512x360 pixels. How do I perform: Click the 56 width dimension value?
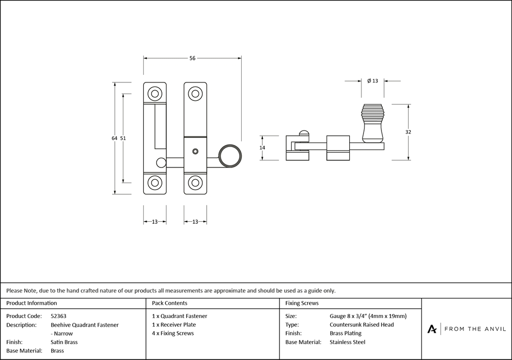(193, 58)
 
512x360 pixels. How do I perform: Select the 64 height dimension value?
(114, 138)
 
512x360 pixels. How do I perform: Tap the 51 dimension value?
(123, 138)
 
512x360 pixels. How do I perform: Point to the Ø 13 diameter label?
(372, 81)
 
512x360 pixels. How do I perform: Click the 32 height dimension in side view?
(408, 132)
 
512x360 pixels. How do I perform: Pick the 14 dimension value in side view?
(262, 147)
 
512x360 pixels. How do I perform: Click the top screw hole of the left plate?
(154, 94)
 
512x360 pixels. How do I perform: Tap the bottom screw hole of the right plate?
(195, 183)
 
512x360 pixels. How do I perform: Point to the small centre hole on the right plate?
(195, 152)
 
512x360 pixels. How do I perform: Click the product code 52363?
(58, 316)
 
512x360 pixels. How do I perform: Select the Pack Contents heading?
(169, 303)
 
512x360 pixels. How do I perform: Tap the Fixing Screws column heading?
(302, 303)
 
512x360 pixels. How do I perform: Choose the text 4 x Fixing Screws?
(173, 333)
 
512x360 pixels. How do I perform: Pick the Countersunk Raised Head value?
(361, 325)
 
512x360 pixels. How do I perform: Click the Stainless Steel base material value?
(348, 342)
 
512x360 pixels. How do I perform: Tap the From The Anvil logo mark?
(433, 329)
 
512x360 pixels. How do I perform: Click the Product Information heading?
(32, 303)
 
